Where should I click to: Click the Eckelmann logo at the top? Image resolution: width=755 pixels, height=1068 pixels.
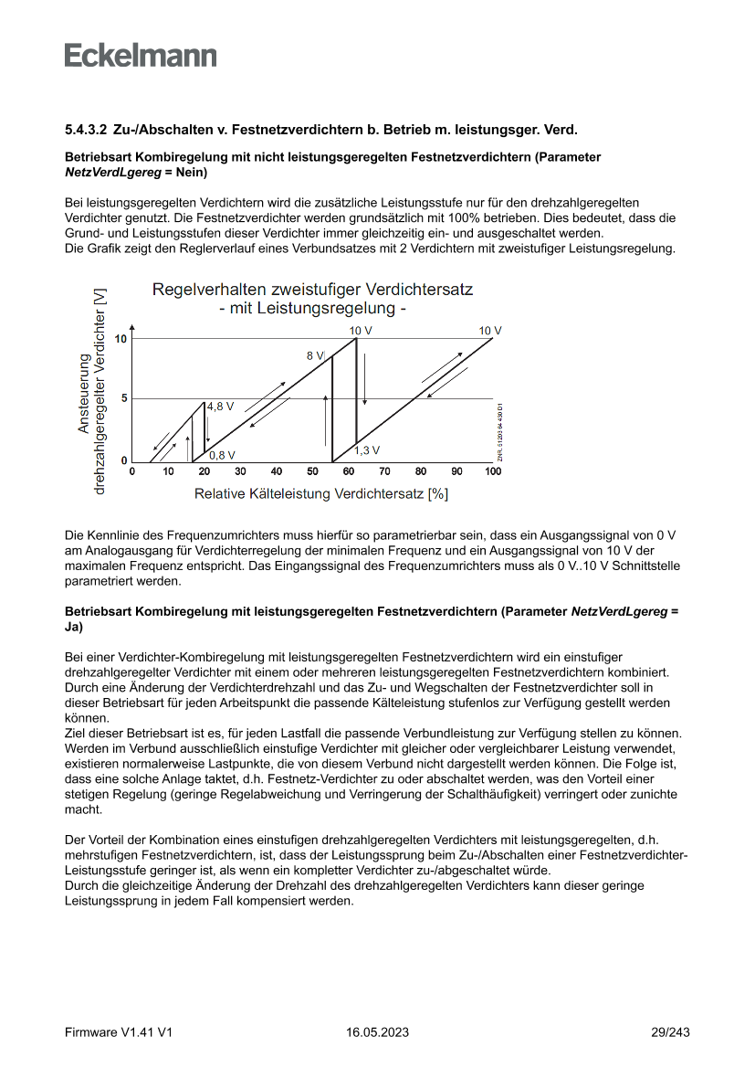(x=141, y=55)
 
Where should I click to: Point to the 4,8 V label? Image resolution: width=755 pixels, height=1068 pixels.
(x=220, y=406)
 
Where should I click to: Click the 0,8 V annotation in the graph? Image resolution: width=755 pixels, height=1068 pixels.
(x=222, y=454)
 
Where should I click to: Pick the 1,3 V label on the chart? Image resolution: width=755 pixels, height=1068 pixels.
(x=367, y=450)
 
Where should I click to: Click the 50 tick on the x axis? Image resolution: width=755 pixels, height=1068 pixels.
(x=312, y=471)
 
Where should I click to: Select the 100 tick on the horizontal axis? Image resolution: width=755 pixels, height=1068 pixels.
(x=492, y=471)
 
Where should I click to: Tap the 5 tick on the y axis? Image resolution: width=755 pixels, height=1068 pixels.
(x=124, y=398)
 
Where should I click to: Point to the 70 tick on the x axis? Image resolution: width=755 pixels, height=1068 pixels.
(x=384, y=471)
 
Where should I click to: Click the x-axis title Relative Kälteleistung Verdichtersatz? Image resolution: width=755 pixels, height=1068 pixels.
(x=320, y=493)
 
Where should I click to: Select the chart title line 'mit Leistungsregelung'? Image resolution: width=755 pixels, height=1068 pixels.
(x=312, y=309)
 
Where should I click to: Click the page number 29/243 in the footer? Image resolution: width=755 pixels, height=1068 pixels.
(x=670, y=1032)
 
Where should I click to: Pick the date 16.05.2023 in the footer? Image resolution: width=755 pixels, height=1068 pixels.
(x=377, y=1032)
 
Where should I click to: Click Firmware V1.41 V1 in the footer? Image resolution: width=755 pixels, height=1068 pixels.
(x=119, y=1032)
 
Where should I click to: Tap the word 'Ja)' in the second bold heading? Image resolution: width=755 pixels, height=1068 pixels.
(x=74, y=627)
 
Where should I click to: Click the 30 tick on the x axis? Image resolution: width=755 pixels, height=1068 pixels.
(x=240, y=471)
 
